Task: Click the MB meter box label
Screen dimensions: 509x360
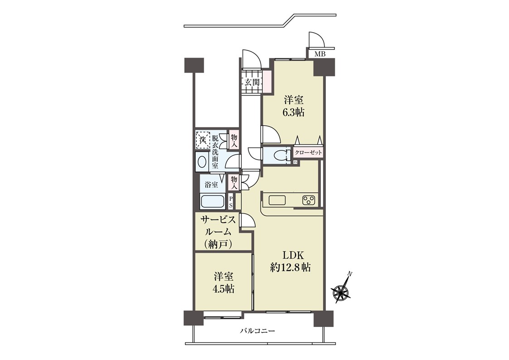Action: coord(320,54)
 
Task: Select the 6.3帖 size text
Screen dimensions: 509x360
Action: coord(293,112)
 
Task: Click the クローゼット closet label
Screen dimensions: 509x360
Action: coord(308,152)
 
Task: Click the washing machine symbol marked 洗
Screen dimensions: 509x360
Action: coord(203,140)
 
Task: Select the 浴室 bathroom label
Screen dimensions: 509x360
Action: coord(211,185)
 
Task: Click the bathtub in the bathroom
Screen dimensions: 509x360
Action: coord(213,201)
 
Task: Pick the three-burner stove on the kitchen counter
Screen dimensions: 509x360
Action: coord(308,200)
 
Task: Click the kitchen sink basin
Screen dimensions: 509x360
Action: coord(277,200)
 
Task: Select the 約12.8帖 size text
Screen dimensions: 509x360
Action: coord(291,268)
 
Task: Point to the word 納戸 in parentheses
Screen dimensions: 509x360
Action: coord(218,244)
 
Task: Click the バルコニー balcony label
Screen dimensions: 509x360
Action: coord(257,331)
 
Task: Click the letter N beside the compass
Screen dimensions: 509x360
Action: coord(349,274)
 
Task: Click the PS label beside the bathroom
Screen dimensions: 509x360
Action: coord(231,202)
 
